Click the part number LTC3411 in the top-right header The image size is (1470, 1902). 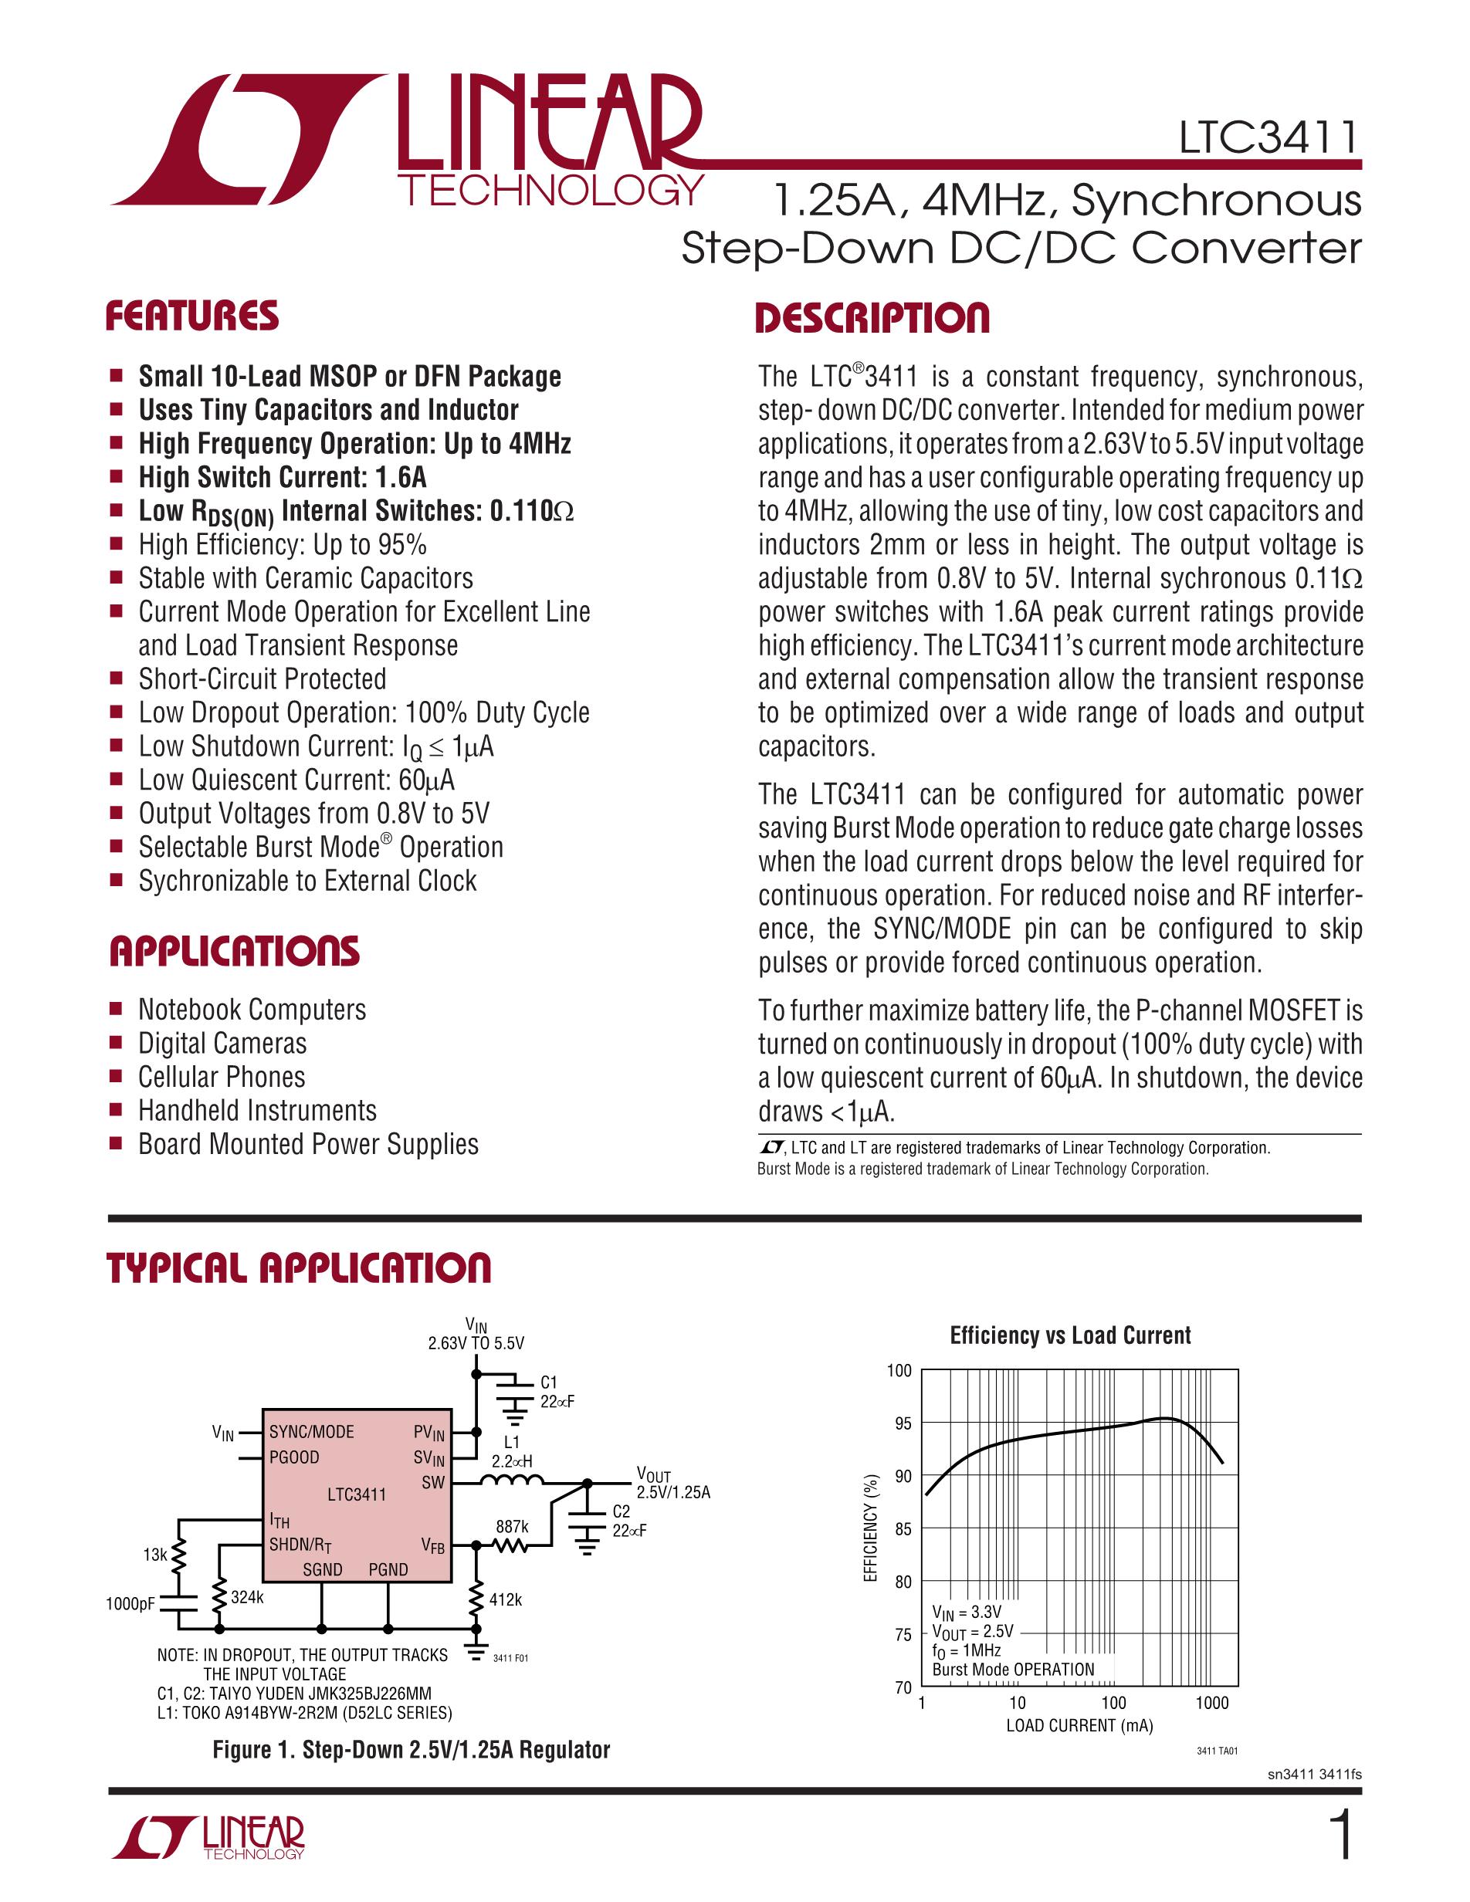point(1268,137)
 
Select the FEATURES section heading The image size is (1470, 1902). point(192,316)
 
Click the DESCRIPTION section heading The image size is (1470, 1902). point(872,318)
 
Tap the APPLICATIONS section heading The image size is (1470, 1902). point(233,951)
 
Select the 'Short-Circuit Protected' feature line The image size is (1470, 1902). point(262,679)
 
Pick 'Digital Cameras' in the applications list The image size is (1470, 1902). point(222,1044)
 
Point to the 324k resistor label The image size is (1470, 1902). point(247,1597)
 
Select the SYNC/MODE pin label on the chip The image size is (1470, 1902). point(312,1432)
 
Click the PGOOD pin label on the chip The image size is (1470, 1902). point(294,1457)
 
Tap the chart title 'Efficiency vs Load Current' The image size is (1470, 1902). point(1069,1336)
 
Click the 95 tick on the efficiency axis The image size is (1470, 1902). point(903,1424)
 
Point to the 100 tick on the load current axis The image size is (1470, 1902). point(1113,1703)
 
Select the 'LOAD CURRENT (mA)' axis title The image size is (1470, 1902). point(1079,1725)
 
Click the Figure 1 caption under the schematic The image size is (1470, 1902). point(411,1750)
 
